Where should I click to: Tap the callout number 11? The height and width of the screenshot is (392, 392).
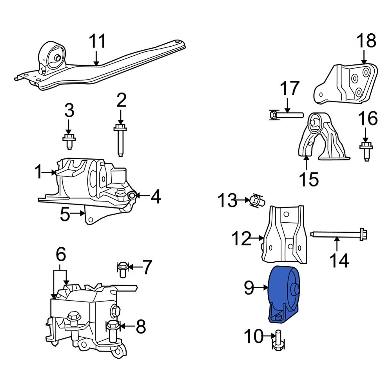pyautogui.click(x=97, y=42)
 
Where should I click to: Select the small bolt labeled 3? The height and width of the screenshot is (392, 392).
pyautogui.click(x=69, y=141)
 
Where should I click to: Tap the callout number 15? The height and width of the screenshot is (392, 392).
pyautogui.click(x=309, y=180)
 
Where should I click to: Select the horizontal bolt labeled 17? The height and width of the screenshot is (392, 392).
pyautogui.click(x=285, y=115)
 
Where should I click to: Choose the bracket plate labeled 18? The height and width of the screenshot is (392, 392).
pyautogui.click(x=347, y=84)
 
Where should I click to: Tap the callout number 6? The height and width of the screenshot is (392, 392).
pyautogui.click(x=60, y=255)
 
